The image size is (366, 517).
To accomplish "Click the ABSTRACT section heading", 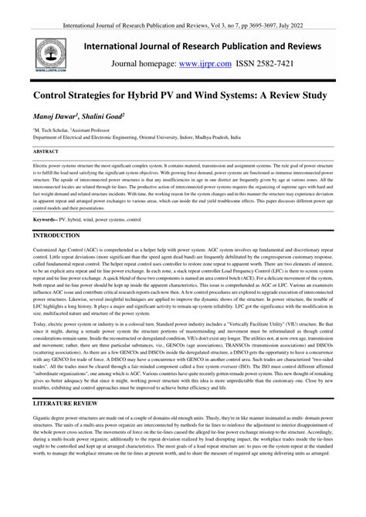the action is [x=48, y=152].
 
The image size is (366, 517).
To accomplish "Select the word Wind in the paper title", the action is [x=249, y=94].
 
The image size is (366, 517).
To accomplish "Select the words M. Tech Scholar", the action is [x=52, y=132].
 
